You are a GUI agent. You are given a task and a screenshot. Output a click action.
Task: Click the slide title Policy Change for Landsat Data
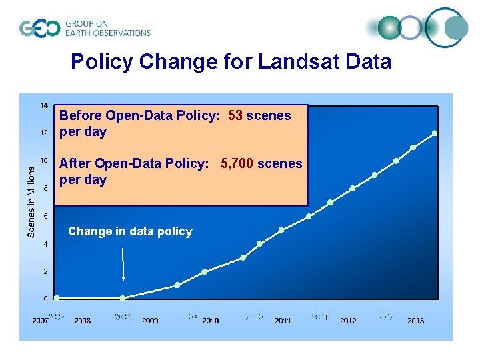point(231,62)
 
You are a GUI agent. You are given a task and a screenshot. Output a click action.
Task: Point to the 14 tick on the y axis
point(43,105)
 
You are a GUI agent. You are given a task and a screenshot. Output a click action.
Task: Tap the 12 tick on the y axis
point(43,133)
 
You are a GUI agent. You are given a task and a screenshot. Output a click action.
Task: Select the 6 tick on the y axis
point(45,216)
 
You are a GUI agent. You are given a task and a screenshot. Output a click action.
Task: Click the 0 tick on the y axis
point(45,299)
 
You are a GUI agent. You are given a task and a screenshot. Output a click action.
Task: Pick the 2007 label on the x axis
point(40,321)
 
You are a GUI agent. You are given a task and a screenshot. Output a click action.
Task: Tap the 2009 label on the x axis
point(150,321)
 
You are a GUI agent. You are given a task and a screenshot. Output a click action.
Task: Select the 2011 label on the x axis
point(283,321)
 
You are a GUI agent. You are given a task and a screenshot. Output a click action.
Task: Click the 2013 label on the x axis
point(415,321)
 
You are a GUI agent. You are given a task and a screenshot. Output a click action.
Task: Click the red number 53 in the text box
point(235,115)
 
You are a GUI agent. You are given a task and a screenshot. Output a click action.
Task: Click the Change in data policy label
point(130,231)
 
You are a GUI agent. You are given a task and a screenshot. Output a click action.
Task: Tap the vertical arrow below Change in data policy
point(123,264)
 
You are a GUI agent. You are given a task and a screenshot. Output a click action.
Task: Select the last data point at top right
point(435,133)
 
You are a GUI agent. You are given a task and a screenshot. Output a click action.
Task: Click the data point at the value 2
point(205,271)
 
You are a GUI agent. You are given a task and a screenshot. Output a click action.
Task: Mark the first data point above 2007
point(57,297)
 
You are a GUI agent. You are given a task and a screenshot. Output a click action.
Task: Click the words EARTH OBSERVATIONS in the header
point(107,33)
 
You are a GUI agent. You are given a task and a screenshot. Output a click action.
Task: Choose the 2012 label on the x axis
point(348,321)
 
